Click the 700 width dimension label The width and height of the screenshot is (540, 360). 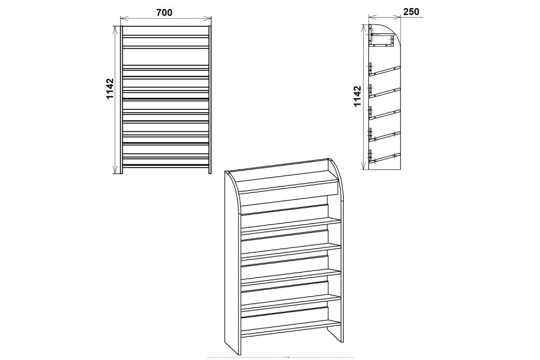[x=164, y=13]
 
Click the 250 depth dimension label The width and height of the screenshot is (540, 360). [x=411, y=12]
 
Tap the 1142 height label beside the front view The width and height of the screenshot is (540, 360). [x=110, y=89]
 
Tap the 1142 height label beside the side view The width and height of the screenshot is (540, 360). [x=357, y=96]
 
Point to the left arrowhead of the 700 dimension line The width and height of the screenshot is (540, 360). [x=124, y=18]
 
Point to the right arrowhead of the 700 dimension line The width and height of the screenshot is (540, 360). [x=207, y=18]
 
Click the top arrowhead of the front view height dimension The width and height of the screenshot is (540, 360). [x=116, y=29]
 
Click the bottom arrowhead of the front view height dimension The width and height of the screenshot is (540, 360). [x=116, y=170]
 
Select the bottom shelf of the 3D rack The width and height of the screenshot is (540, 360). [x=291, y=328]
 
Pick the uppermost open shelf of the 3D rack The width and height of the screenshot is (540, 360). [x=291, y=225]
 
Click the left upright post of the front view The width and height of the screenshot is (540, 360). [x=122, y=99]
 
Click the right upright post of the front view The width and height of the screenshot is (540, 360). [x=210, y=99]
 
